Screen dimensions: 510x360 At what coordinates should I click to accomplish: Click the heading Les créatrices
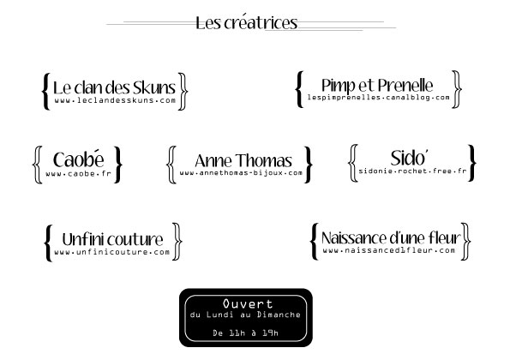point(247,23)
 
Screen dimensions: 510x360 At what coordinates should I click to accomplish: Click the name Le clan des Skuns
point(114,87)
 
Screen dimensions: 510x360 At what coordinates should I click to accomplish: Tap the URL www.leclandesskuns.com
point(115,100)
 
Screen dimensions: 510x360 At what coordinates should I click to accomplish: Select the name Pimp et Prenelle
point(377,85)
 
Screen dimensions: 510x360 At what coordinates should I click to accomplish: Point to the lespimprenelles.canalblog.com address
point(379,97)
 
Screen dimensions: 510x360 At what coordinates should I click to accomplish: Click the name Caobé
point(78,159)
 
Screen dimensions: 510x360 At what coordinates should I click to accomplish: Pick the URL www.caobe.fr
point(78,174)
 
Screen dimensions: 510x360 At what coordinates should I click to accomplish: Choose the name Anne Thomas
point(243,160)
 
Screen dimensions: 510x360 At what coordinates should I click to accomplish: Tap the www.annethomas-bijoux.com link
point(241,172)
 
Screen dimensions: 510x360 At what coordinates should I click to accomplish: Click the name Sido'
point(409,158)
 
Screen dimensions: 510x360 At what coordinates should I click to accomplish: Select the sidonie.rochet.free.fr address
point(412,171)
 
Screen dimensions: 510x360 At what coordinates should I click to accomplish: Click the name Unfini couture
point(112,239)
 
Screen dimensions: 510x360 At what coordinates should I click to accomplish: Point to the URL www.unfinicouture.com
point(112,252)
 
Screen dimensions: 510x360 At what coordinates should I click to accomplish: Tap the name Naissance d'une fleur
point(391,237)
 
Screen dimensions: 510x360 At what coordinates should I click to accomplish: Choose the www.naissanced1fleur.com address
point(388,250)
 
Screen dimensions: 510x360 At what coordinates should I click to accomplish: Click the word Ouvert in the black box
point(248,303)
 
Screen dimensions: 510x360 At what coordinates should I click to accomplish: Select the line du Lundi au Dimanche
point(245,315)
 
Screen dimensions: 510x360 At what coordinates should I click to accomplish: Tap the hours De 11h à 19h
point(245,333)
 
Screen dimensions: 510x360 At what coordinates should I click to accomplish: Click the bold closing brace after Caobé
point(118,165)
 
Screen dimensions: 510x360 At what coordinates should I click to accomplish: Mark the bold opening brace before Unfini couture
point(48,243)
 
